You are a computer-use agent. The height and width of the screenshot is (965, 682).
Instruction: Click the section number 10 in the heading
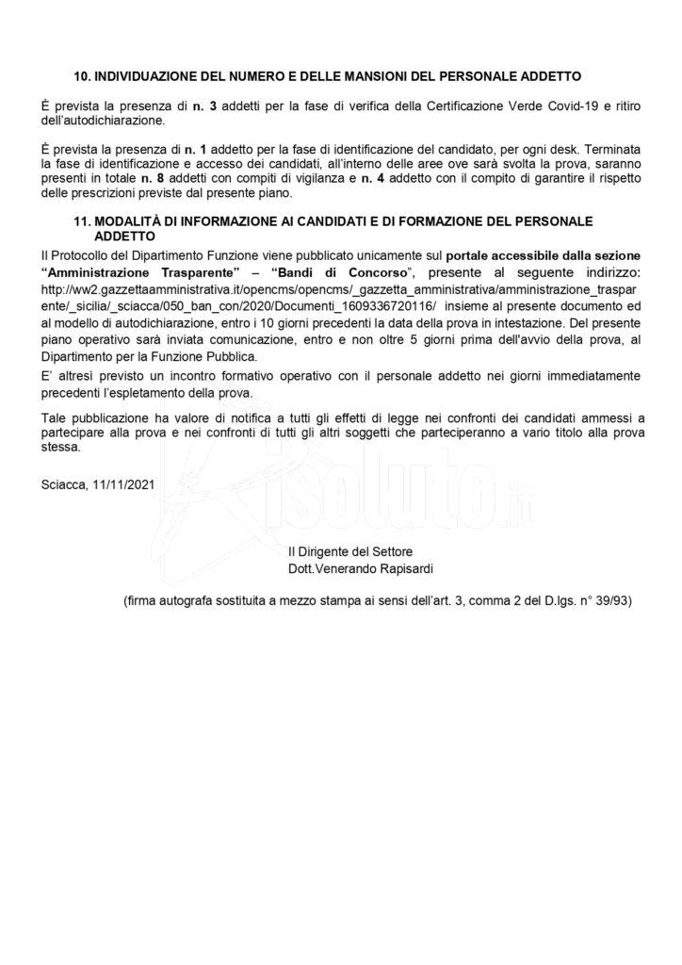click(x=81, y=74)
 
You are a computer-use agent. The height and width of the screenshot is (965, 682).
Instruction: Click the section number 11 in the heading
click(x=81, y=221)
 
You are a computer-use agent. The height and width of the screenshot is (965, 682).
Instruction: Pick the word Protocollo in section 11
click(x=81, y=254)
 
